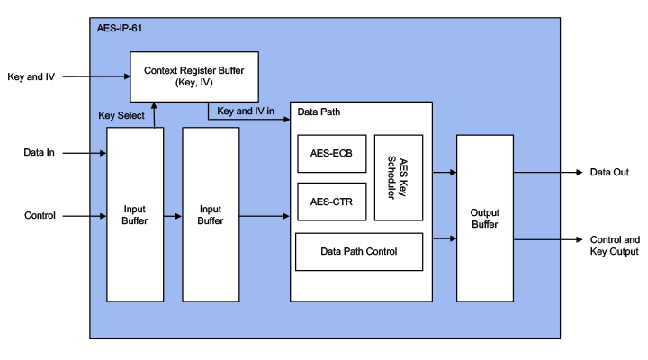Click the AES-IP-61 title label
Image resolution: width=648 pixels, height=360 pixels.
pyautogui.click(x=119, y=28)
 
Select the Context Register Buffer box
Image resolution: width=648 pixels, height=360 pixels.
pyautogui.click(x=194, y=76)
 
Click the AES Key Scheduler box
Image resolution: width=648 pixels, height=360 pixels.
pyautogui.click(x=398, y=177)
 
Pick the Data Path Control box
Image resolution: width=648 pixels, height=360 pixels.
pyautogui.click(x=359, y=251)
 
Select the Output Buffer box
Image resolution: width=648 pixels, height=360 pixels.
pyautogui.click(x=485, y=218)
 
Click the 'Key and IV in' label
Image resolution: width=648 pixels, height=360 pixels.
pyautogui.click(x=246, y=112)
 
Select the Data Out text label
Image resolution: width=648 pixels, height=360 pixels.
pyautogui.click(x=608, y=172)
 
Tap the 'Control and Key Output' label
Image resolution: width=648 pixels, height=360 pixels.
pyautogui.click(x=615, y=247)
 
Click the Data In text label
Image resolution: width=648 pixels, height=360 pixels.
pyautogui.click(x=40, y=153)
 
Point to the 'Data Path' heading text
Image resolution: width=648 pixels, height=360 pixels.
pyautogui.click(x=319, y=112)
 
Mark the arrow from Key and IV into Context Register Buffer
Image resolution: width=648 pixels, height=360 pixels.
pyautogui.click(x=95, y=76)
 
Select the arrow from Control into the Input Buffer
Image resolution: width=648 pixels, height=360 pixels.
pyautogui.click(x=85, y=216)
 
